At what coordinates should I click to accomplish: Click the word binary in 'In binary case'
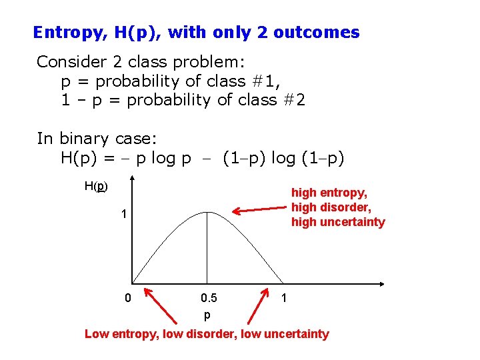pos(85,139)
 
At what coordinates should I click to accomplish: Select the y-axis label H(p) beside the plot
pos(96,186)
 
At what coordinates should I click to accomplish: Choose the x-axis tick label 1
pos(284,298)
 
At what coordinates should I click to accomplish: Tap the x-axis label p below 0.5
pos(207,314)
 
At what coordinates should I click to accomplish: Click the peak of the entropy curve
pos(207,212)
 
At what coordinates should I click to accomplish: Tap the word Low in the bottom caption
pos(97,334)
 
